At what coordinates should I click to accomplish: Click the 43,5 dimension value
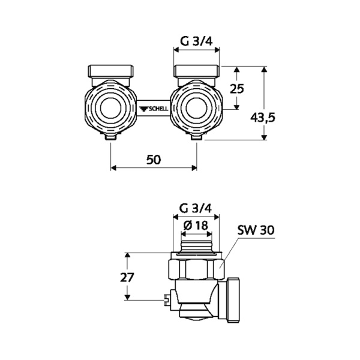point(262,118)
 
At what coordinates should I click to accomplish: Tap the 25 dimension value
point(237,89)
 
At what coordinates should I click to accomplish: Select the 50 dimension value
point(154,160)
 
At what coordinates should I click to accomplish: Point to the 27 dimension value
point(127,277)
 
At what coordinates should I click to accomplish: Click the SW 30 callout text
point(256,230)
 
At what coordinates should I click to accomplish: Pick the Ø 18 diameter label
point(196,226)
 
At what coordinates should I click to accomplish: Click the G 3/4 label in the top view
point(196,41)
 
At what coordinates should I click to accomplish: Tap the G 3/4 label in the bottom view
point(196,208)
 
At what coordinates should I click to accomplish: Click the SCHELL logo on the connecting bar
point(154,109)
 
